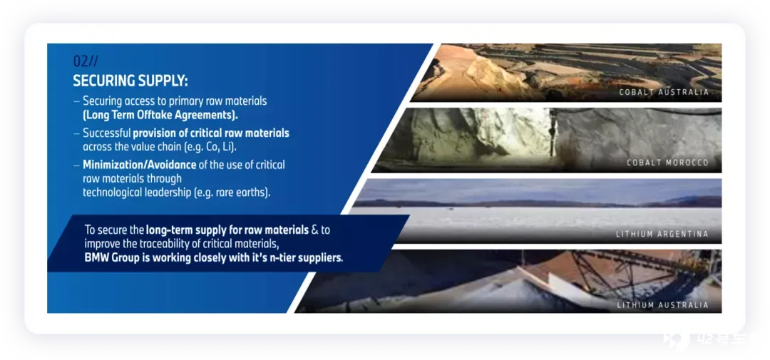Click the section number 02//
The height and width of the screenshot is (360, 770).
click(x=86, y=61)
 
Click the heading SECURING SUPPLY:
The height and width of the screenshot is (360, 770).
click(x=130, y=81)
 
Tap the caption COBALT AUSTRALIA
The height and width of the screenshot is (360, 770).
click(x=664, y=93)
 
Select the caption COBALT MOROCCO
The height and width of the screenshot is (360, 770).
click(x=668, y=163)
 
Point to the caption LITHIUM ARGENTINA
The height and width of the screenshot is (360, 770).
click(x=662, y=235)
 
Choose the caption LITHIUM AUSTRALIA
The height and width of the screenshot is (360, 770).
click(x=663, y=305)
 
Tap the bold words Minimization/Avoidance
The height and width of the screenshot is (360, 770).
click(x=140, y=165)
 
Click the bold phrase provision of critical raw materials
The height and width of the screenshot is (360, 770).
click(x=211, y=133)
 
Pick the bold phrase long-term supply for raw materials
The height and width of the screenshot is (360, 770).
click(x=227, y=230)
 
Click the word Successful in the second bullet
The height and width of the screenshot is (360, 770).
click(x=106, y=133)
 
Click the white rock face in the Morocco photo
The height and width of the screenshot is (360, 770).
click(x=510, y=132)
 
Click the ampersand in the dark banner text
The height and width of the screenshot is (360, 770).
click(x=315, y=230)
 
